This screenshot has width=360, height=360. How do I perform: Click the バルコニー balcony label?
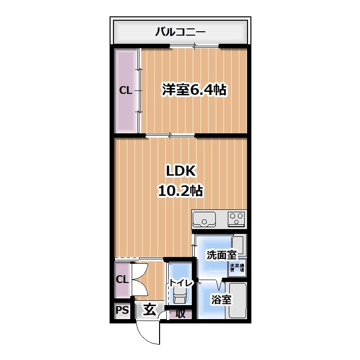180,32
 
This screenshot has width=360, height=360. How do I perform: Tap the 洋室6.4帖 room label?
194,90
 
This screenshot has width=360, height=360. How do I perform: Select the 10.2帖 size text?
180,191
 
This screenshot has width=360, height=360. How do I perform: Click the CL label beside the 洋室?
125,90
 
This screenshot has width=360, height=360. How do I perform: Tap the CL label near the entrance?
122,279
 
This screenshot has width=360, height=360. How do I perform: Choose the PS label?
122,310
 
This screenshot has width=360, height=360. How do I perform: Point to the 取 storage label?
180,314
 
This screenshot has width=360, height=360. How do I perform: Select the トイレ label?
180,283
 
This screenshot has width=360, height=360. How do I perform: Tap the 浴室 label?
221,300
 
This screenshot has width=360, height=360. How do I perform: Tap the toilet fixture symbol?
180,297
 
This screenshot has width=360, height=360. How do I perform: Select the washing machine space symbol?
237,268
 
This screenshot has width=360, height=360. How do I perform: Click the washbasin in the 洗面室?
238,246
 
